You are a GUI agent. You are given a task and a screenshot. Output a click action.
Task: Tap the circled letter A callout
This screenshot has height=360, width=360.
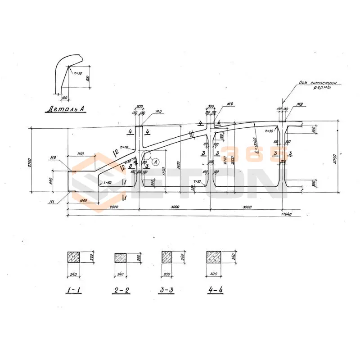[155, 161]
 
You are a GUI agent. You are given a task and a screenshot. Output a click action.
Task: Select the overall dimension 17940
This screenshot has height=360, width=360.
[283, 214]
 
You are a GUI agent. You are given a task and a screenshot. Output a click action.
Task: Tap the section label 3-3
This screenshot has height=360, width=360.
[166, 290]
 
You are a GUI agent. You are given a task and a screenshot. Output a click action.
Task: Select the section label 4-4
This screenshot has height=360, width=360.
[214, 290]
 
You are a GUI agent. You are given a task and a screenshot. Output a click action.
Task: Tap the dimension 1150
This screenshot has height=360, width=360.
[81, 154]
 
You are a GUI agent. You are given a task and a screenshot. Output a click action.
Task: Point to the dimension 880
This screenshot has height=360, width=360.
[51, 181]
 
